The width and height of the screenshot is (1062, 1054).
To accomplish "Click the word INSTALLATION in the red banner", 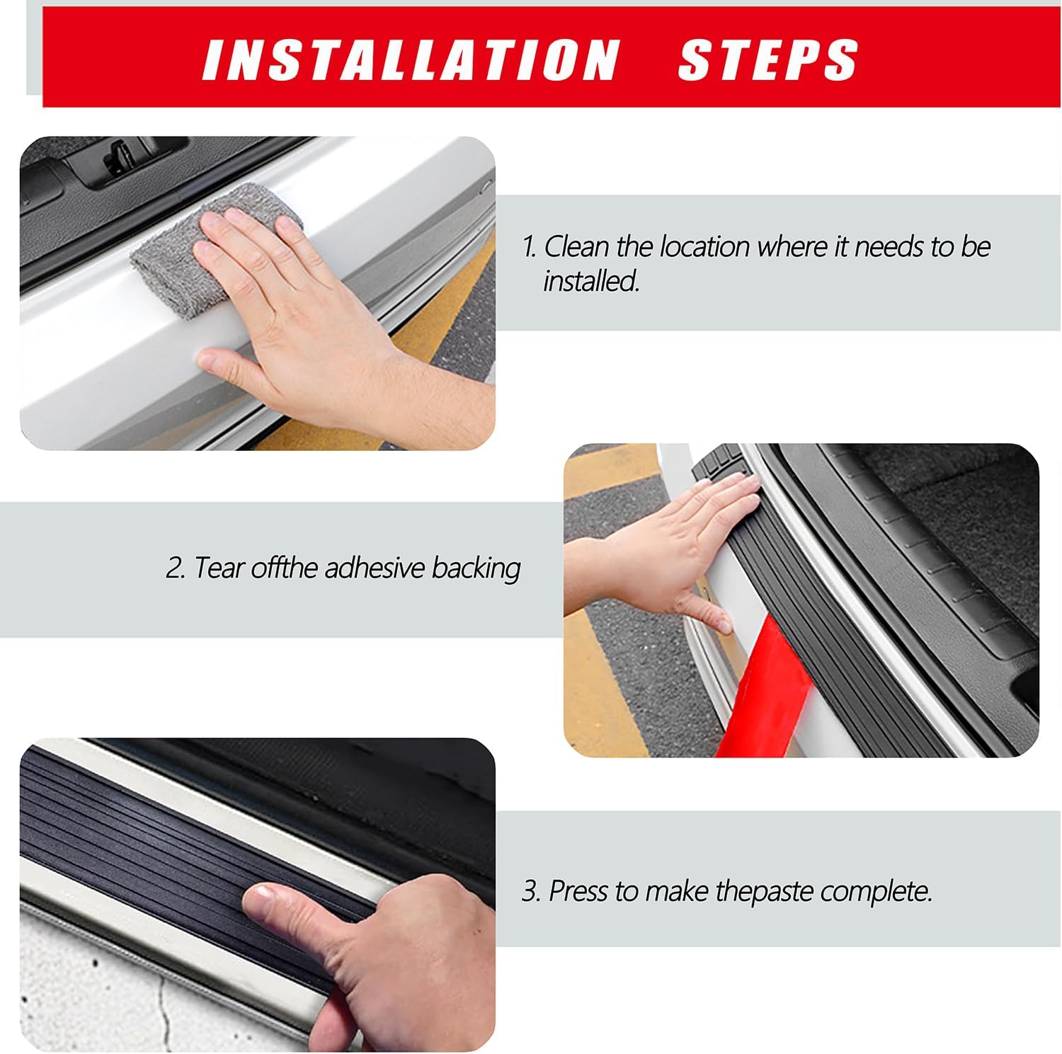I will tap(411, 59).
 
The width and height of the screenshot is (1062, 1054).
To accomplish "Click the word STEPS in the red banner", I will tap(768, 59).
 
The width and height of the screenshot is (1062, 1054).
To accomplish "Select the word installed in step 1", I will tap(591, 281).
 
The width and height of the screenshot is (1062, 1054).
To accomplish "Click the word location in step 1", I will tap(704, 246).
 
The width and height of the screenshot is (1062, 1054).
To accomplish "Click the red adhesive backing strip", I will tap(765, 694).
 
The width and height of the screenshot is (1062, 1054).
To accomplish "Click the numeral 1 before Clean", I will tap(528, 247).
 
